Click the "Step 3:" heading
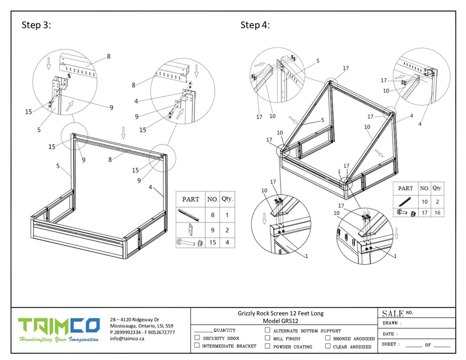coord(36,25)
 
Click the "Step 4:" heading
coord(255,25)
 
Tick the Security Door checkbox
coord(197,338)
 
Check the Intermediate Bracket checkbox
coord(197,346)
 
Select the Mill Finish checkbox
coord(267,338)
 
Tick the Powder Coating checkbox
coord(267,346)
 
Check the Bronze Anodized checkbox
coord(328,338)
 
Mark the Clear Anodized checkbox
coord(328,346)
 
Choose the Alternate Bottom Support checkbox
coord(267,330)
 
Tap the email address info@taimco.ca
coord(127,339)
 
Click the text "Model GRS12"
coord(281,321)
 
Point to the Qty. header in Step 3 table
coord(227,198)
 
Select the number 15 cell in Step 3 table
coord(212,242)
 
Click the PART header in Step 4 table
coord(405,189)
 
